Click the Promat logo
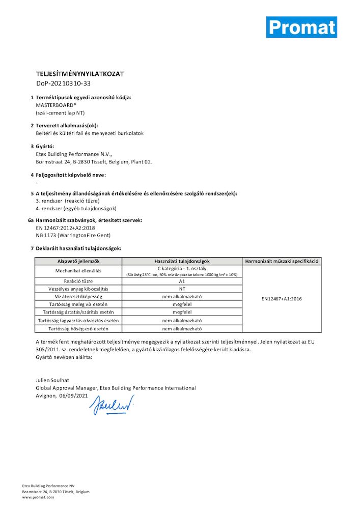[301, 27]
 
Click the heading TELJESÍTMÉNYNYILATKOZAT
[80, 74]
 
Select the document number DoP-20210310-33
[63, 83]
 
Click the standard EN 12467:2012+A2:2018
[66, 228]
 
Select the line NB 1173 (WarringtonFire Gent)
[73, 235]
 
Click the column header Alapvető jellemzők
[78, 261]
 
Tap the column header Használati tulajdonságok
[182, 261]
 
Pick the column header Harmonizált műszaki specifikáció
[282, 261]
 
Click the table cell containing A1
[182, 281]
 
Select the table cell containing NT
[182, 289]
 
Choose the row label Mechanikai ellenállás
[78, 271]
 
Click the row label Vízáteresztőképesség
[78, 296]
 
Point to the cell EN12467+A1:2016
[282, 299]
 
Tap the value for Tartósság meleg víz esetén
[182, 304]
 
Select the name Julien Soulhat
[53, 380]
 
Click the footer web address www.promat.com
[38, 497]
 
